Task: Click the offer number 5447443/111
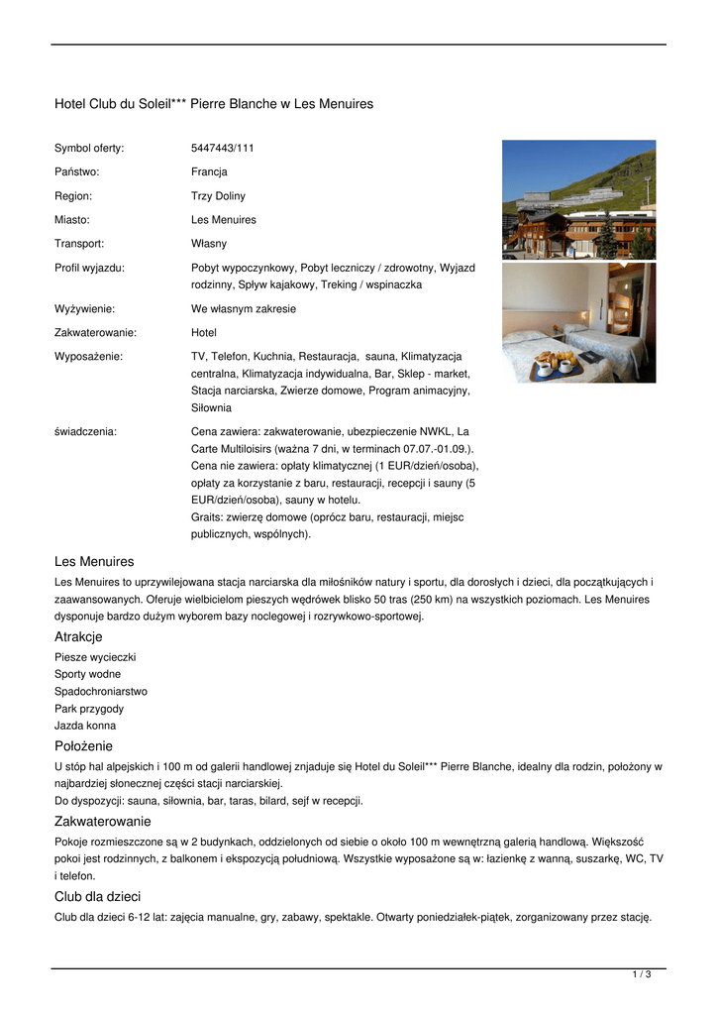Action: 222,149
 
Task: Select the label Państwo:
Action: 76,172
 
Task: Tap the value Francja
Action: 209,172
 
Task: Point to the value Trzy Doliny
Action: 218,196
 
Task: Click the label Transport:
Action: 79,244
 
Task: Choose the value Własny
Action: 208,244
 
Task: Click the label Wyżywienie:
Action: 84,309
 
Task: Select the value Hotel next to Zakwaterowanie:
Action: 203,333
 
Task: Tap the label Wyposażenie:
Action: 88,356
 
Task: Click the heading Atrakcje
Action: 78,637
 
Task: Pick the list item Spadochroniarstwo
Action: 100,692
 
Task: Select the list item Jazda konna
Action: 84,727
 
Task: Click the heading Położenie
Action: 83,746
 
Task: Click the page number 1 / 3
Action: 642,975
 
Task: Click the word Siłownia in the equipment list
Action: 211,407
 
